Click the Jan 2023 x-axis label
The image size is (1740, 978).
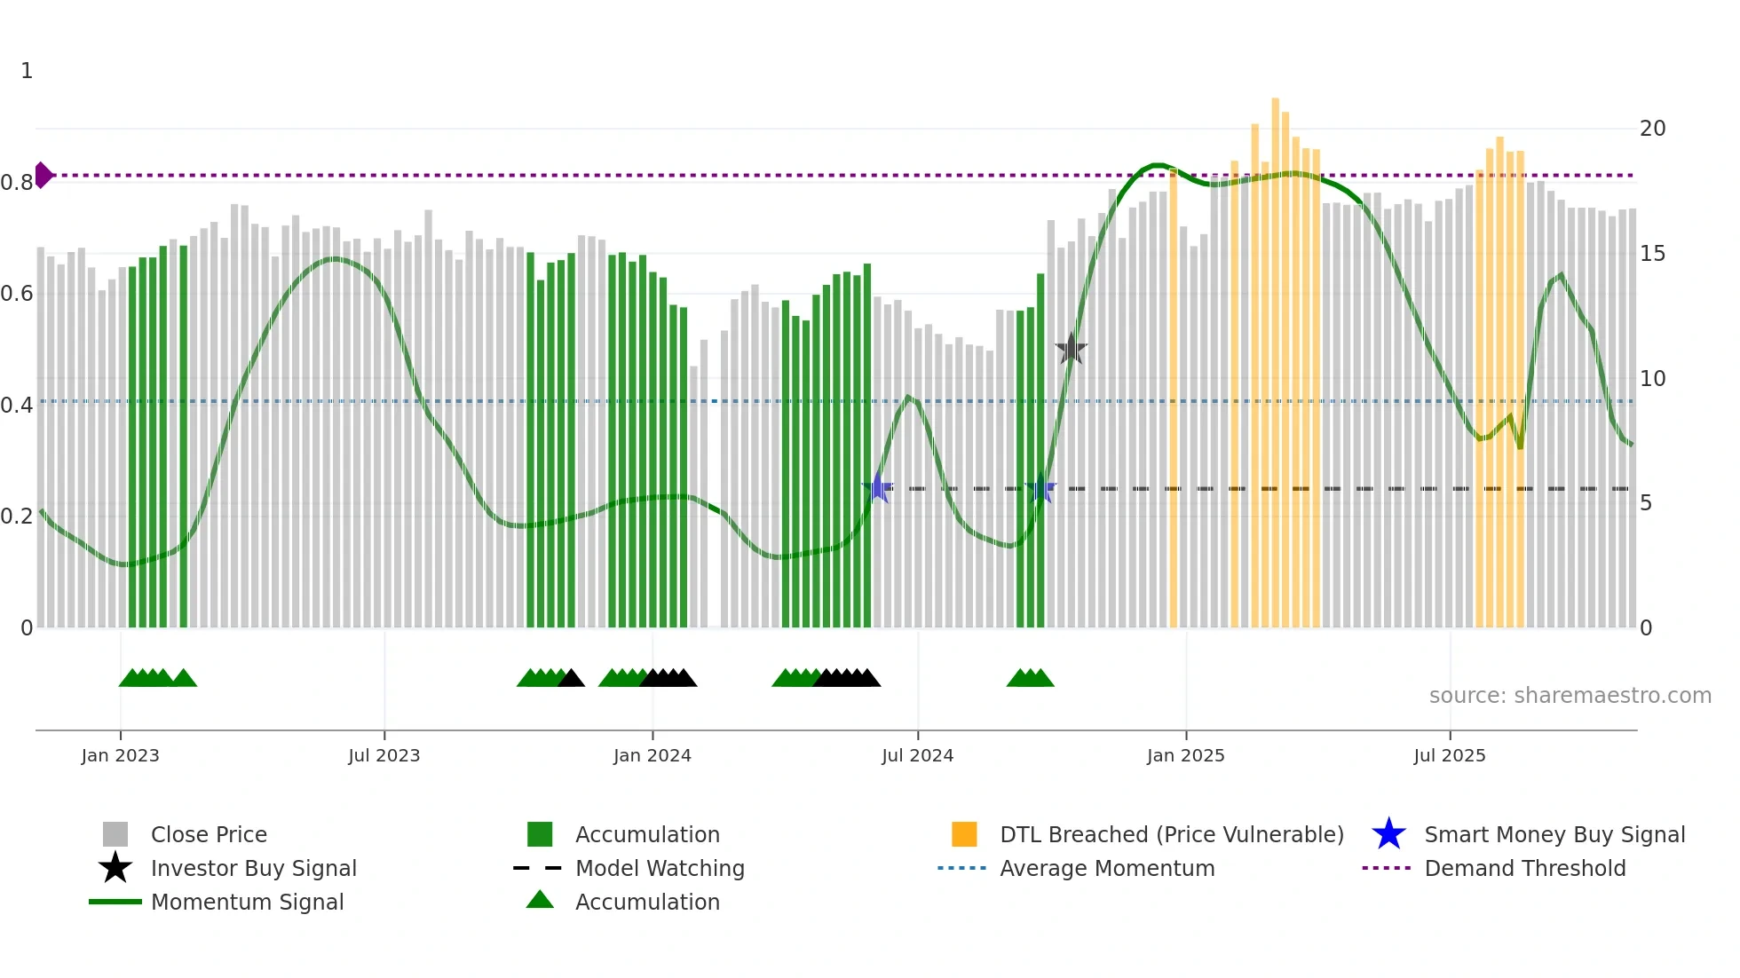[x=120, y=755]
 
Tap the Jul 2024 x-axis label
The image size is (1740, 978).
[x=917, y=755]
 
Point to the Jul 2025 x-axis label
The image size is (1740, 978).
[x=1449, y=755]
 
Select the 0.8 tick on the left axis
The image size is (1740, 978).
[x=17, y=183]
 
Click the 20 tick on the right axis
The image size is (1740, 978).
[x=1652, y=129]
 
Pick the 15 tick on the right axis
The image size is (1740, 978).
[x=1652, y=254]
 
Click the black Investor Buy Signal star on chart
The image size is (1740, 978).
[x=1072, y=349]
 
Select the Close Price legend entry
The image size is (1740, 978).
[x=208, y=834]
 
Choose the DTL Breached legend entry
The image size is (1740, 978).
[x=1171, y=834]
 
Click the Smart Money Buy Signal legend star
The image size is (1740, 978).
[x=1388, y=834]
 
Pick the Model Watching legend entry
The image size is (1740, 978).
[x=659, y=868]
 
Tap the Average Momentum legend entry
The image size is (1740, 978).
[x=1106, y=868]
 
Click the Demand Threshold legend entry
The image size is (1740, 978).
[x=1524, y=868]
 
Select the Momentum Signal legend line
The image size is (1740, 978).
[x=115, y=902]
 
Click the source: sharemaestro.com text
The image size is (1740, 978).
[x=1570, y=696]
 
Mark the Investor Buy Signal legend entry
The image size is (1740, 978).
[x=253, y=868]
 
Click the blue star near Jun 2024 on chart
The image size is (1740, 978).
[x=877, y=488]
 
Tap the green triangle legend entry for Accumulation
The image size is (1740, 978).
[x=540, y=900]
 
